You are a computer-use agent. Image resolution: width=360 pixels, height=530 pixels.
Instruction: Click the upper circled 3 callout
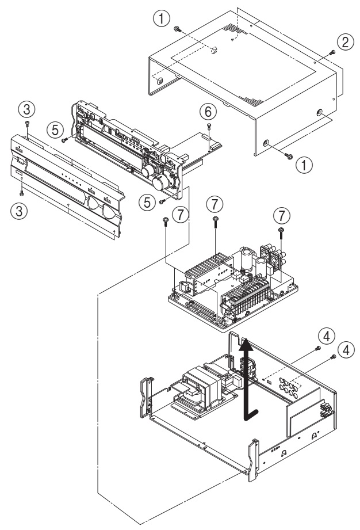point(26,107)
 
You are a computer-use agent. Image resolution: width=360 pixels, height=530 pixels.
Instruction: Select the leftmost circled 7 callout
point(181,213)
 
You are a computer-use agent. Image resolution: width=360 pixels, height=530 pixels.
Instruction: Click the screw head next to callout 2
point(332,53)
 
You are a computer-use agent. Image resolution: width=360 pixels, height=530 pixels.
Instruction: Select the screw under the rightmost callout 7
point(279,231)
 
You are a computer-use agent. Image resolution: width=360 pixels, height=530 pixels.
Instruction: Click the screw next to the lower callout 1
point(288,155)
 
